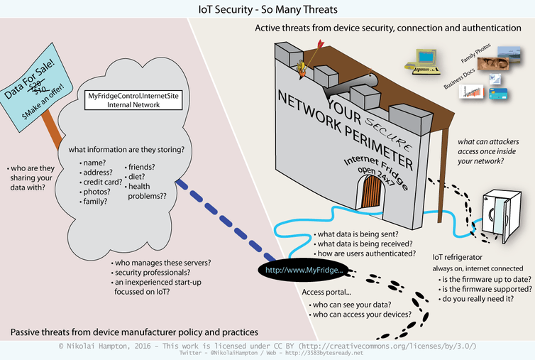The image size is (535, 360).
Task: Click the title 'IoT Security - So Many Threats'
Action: (x=267, y=9)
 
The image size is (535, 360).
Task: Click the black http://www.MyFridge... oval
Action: (x=303, y=270)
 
